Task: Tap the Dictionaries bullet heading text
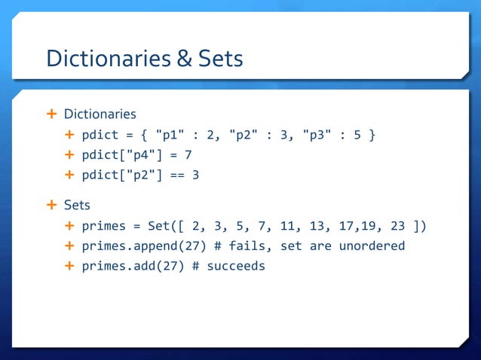pos(100,114)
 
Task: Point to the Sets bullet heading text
pos(77,204)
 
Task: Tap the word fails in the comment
pos(228,246)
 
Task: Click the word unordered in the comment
pos(372,246)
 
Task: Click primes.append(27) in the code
pos(136,246)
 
